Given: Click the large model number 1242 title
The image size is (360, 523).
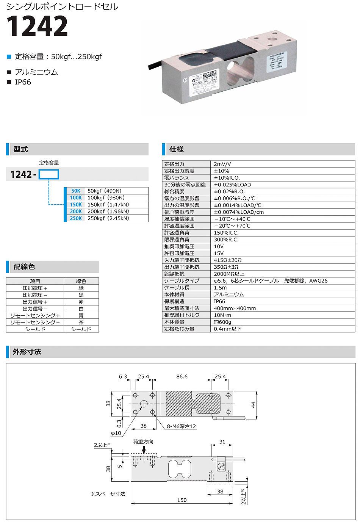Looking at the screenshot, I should point(37,26).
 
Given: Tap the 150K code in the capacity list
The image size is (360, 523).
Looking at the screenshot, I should point(76,205).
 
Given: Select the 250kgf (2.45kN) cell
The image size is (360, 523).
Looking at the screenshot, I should point(108,218).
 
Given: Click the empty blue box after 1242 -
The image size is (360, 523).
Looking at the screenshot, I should point(49,174).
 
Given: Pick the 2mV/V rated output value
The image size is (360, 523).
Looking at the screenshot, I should point(222,164).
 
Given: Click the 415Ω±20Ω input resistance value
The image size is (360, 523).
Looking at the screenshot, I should point(228,260).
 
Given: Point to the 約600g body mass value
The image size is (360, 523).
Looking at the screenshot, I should point(222,322).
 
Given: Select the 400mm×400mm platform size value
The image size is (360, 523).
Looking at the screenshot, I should point(235,308).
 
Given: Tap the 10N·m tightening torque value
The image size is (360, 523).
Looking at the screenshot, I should point(222,315).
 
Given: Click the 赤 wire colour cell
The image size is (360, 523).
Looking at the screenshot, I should point(81,302).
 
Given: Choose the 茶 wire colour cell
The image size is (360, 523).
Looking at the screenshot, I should point(81,323).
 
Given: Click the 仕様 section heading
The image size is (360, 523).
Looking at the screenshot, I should point(177,149).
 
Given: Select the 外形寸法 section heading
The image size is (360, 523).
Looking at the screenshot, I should point(27,352).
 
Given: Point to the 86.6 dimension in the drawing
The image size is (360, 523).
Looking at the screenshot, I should point(182,377).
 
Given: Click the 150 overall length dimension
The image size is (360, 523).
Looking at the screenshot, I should point(182,500).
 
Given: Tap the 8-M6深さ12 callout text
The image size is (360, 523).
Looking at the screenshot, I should point(182,426).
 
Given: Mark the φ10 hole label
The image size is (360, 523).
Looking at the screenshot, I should point(116,433).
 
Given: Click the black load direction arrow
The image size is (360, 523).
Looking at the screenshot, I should point(144,450).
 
